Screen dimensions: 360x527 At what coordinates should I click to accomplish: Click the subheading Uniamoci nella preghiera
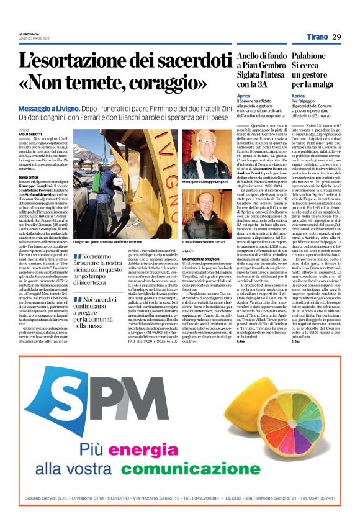(x=202, y=258)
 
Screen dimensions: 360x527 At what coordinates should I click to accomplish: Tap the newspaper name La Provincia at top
(x=29, y=34)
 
